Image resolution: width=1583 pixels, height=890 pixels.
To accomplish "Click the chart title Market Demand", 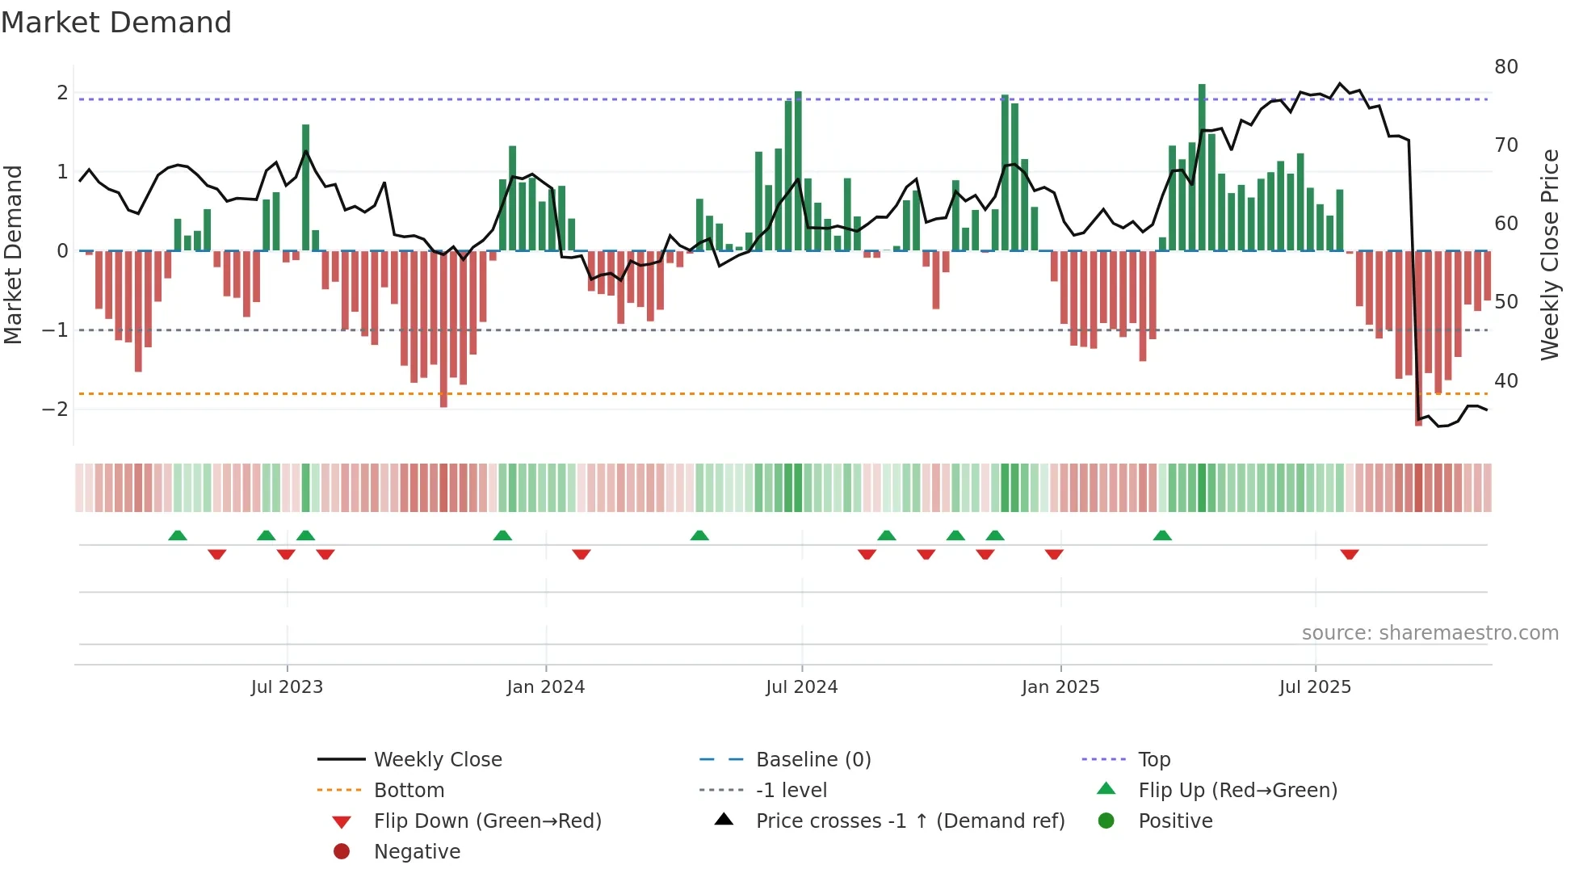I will (116, 23).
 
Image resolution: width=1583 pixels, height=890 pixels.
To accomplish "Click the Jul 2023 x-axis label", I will (287, 687).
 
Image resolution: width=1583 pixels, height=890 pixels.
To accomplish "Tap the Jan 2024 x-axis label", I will (545, 687).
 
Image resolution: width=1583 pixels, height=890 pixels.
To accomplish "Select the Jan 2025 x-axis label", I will (1060, 687).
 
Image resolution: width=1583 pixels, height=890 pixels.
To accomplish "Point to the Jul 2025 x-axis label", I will (1315, 687).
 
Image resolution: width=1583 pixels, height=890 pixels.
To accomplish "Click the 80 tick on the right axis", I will (1505, 67).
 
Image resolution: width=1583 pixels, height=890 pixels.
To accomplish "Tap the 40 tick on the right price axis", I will (1505, 380).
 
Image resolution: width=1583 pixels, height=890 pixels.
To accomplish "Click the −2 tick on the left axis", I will (55, 409).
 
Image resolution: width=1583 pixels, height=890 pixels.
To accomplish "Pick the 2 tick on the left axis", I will (62, 93).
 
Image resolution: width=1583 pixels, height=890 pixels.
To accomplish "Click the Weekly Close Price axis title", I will (1549, 254).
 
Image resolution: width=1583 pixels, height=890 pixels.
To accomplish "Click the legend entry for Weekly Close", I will (437, 760).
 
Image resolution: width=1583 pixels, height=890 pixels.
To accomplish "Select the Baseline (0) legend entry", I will (812, 760).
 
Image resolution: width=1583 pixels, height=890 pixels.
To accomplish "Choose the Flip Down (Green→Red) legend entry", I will (487, 821).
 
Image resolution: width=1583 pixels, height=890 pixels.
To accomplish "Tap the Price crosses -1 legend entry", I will (909, 821).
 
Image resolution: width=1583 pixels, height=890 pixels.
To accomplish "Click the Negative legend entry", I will (417, 852).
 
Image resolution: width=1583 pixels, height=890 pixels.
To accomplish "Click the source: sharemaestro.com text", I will (1430, 633).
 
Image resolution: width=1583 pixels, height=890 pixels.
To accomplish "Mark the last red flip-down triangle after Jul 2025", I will (1349, 554).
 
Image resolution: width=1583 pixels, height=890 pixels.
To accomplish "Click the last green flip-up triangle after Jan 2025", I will (1162, 535).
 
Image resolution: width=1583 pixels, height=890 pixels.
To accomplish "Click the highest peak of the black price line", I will (1339, 84).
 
